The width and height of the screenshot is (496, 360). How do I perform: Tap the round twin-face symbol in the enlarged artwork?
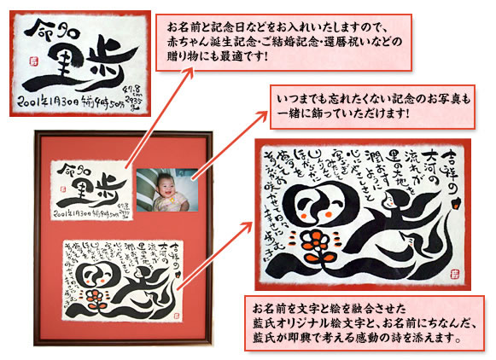coord(288,209)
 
